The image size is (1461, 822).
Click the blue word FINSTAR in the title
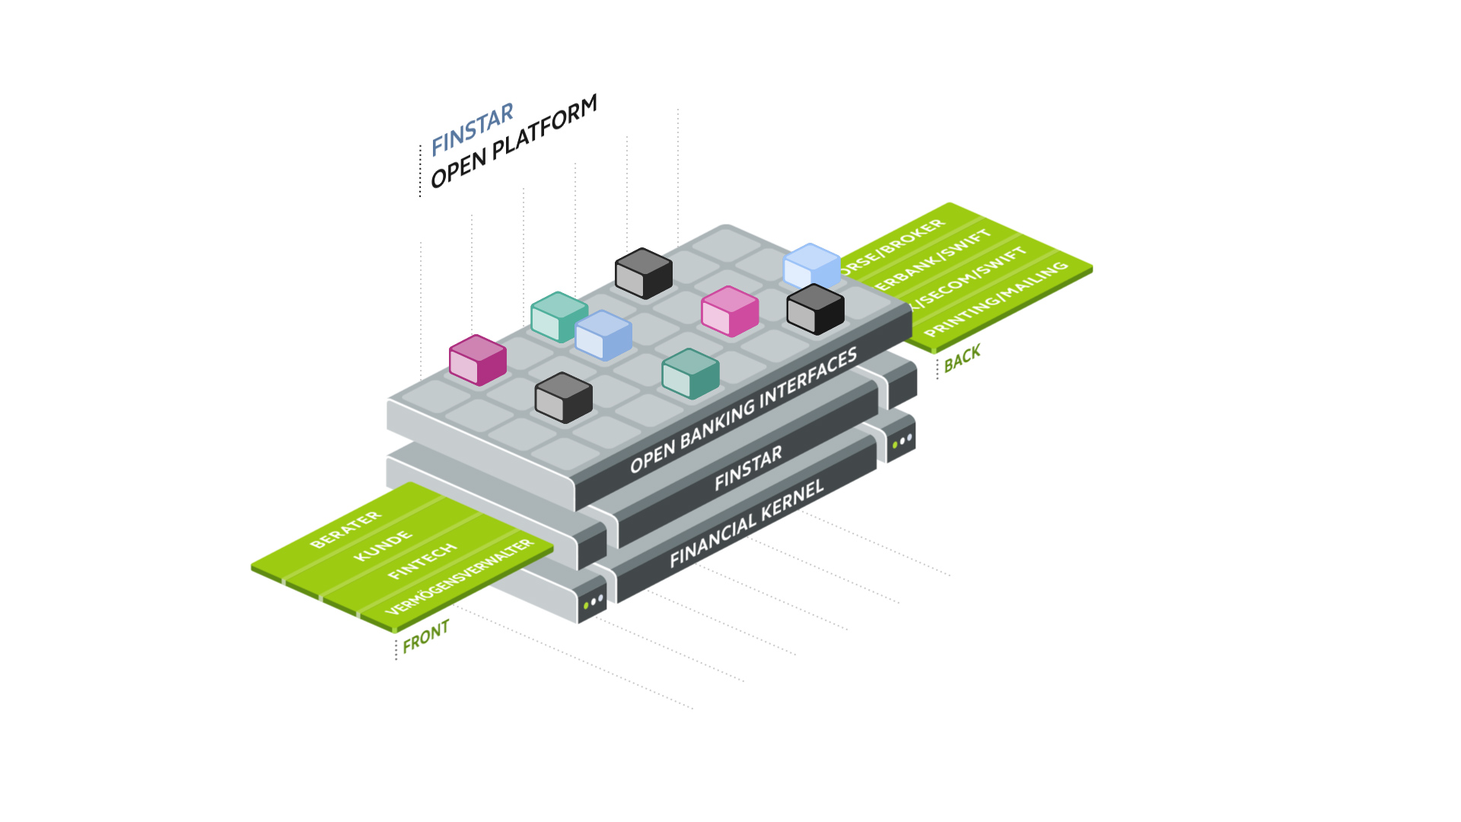pos(472,130)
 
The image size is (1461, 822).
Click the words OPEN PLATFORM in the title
pos(514,142)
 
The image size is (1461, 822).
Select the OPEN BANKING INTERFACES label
pos(743,410)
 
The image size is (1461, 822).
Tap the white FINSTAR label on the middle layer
pos(748,468)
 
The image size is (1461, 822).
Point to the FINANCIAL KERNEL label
pos(746,524)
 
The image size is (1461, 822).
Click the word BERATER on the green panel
pos(345,530)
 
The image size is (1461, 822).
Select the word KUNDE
pos(383,546)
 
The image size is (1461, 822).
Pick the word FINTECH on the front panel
pos(422,562)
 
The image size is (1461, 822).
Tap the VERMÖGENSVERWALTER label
pos(460,577)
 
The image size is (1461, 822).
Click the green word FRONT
pos(426,636)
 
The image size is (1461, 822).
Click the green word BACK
pos(962,358)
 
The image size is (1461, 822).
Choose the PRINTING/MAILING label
pos(996,299)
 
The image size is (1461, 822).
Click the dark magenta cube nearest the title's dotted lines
pos(477,360)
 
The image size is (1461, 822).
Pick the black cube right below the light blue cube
pos(815,309)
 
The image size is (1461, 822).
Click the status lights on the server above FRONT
pos(594,602)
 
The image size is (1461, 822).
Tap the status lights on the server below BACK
pos(902,441)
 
